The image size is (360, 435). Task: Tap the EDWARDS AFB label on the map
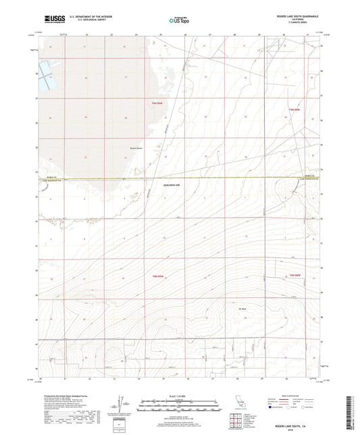coord(174,185)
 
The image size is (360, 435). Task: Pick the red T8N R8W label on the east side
coord(294,276)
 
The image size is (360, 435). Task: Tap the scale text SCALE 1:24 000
coord(180,394)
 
